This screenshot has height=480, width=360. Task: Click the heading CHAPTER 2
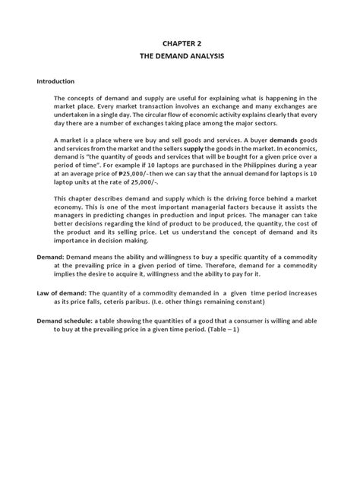(x=180, y=46)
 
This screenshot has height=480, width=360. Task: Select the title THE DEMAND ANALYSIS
(x=180, y=58)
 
